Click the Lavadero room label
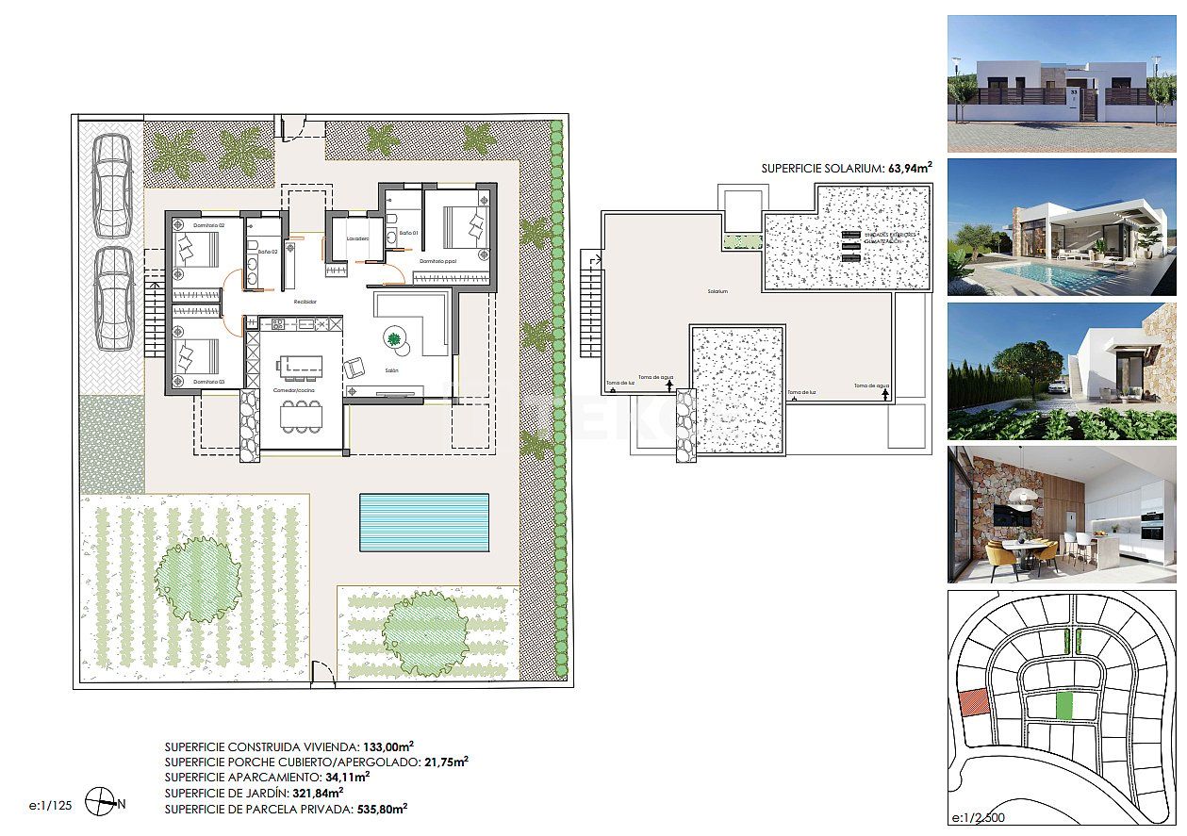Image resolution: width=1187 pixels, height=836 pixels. (x=357, y=239)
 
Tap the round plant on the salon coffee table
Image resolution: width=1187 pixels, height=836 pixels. (x=393, y=337)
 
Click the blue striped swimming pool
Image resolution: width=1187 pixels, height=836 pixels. (x=424, y=523)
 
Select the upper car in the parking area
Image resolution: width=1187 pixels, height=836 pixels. (x=112, y=186)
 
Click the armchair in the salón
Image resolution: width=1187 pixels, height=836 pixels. (x=355, y=368)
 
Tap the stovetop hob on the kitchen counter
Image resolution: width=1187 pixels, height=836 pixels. (x=278, y=324)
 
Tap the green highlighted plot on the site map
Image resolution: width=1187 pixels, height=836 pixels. (x=1065, y=705)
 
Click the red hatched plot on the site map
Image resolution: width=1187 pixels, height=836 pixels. (x=973, y=703)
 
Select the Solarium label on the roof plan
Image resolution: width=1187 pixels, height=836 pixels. (x=718, y=292)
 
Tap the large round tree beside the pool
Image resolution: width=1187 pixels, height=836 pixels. (x=199, y=577)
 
